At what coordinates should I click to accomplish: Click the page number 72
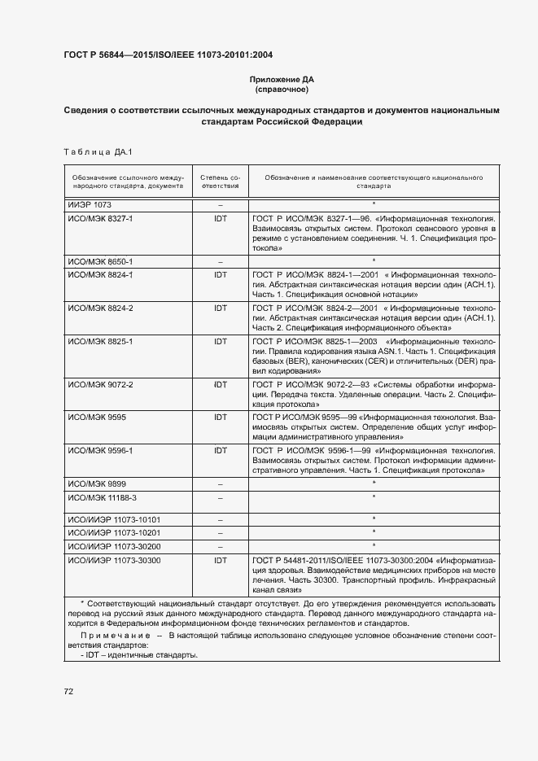pyautogui.click(x=68, y=692)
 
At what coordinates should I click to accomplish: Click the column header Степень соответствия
pyautogui.click(x=220, y=181)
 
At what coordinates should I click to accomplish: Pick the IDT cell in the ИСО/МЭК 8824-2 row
pyautogui.click(x=220, y=308)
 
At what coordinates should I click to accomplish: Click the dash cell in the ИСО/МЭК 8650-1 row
pyautogui.click(x=220, y=261)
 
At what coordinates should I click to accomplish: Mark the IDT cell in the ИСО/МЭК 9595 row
pyautogui.click(x=220, y=416)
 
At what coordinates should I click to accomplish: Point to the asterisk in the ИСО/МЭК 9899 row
pyautogui.click(x=374, y=483)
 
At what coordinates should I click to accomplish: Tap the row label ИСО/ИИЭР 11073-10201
pyautogui.click(x=113, y=532)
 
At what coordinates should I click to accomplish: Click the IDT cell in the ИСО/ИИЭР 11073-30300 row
pyautogui.click(x=220, y=561)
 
